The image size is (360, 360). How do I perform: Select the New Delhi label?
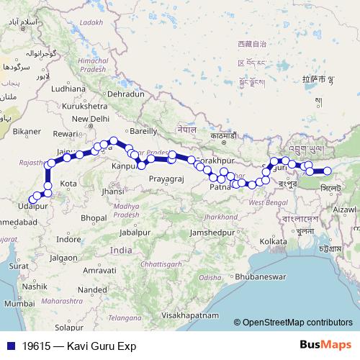89,119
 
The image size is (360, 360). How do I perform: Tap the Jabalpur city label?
138,233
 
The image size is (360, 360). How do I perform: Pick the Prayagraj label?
167,178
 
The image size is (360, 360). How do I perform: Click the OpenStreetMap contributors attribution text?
297,323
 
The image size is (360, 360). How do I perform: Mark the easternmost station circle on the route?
327,171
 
